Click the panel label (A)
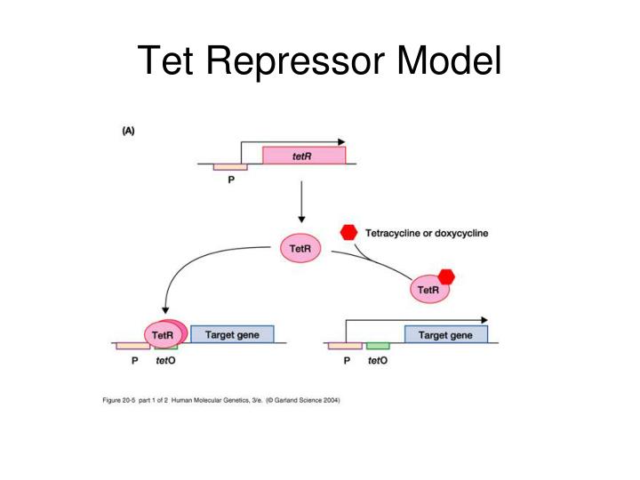pos(128,130)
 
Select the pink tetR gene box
pos(303,156)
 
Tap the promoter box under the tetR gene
pos(229,166)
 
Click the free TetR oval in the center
pos(300,249)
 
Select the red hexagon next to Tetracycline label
pos(349,232)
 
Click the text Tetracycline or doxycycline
pos(427,233)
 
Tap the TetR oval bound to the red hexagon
pos(429,289)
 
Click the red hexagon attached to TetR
pos(446,276)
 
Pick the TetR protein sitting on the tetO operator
pos(164,334)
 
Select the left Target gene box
pos(232,334)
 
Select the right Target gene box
pos(445,334)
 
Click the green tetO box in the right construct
pos(378,345)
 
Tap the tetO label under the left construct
pos(166,361)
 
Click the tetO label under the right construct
pos(378,361)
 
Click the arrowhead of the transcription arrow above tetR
pos(340,140)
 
